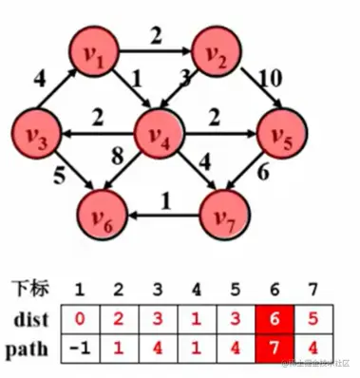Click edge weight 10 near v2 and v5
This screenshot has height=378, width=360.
[x=271, y=77]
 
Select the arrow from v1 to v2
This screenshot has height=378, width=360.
[x=159, y=54]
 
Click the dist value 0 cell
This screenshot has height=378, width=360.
[x=82, y=318]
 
